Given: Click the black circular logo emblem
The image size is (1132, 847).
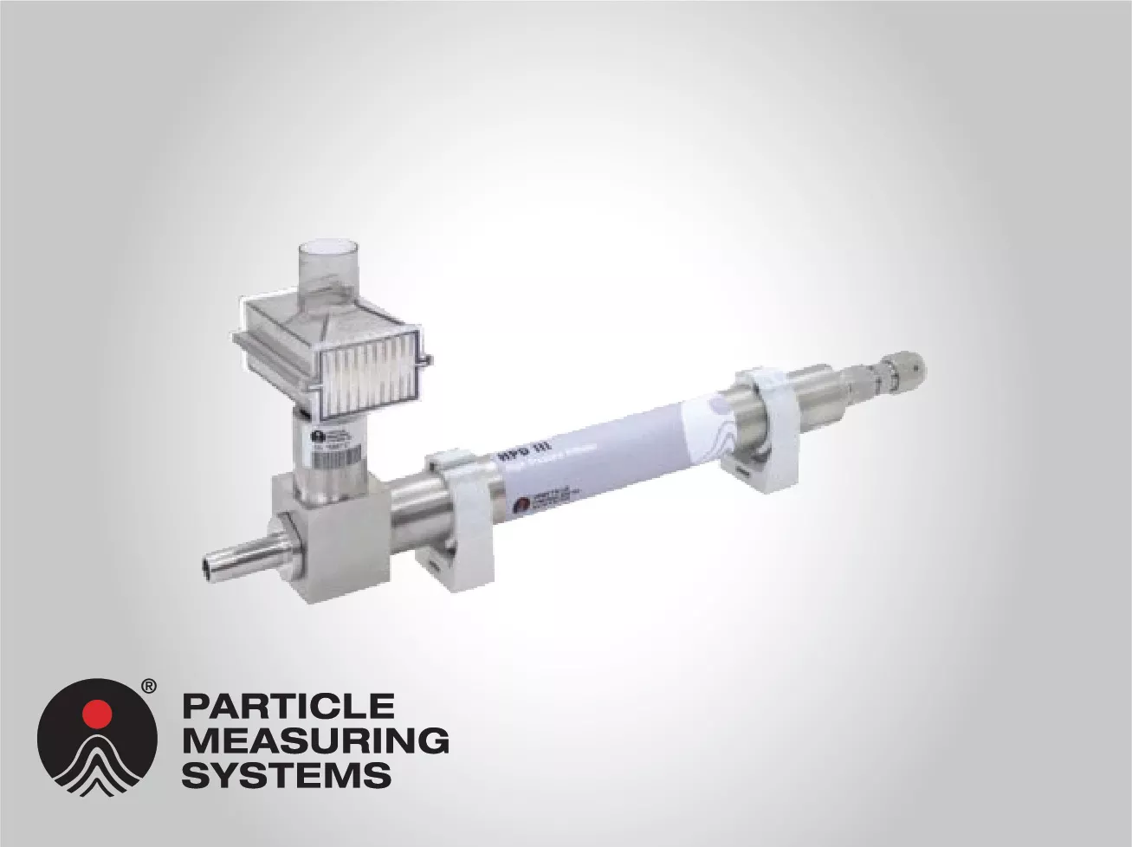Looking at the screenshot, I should point(97,736).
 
